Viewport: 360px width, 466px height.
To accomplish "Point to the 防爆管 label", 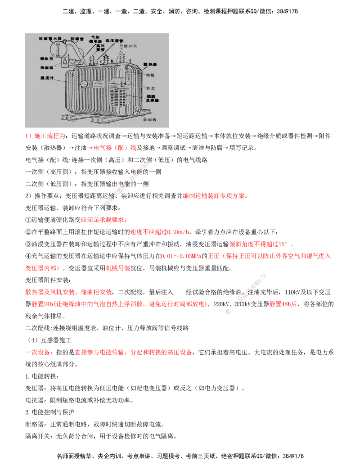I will pos(77,39).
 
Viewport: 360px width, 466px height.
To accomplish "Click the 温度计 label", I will pos(47,78).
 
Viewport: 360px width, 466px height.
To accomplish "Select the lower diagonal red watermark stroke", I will pos(245,294).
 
